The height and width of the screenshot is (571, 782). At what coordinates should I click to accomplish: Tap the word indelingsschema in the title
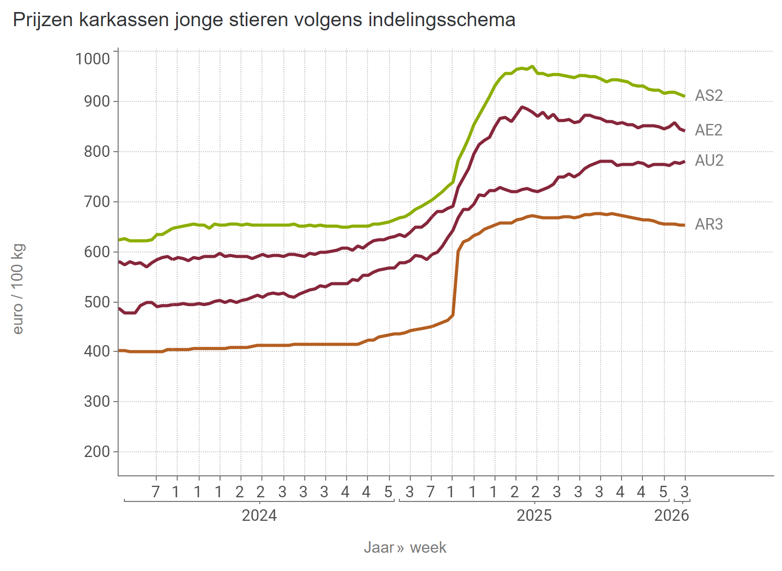[x=442, y=20]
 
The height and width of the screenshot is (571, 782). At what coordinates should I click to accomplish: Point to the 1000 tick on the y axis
[x=93, y=59]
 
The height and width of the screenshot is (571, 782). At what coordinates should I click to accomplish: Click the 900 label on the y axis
[x=97, y=101]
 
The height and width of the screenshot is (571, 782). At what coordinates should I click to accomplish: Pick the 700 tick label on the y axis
[x=97, y=202]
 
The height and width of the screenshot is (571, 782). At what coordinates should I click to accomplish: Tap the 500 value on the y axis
[x=97, y=302]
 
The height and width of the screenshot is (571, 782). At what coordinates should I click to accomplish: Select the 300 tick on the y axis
[x=97, y=402]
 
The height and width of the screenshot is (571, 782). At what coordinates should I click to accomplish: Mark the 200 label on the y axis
[x=97, y=452]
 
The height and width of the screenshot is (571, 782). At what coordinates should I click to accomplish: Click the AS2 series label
[x=709, y=96]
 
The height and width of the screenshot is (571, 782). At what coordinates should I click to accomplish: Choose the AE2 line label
[x=709, y=130]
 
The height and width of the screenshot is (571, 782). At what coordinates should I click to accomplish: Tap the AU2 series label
[x=709, y=161]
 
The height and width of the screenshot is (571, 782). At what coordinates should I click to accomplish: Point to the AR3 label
[x=709, y=224]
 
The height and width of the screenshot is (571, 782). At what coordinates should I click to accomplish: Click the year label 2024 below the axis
[x=259, y=516]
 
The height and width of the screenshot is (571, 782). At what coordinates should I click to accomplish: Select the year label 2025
[x=534, y=516]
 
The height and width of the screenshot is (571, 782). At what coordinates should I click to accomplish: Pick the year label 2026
[x=672, y=516]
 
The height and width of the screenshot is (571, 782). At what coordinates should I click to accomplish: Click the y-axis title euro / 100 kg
[x=18, y=289]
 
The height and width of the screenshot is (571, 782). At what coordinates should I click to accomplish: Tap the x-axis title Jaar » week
[x=405, y=547]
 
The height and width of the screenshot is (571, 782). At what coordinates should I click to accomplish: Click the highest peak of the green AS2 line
[x=532, y=66]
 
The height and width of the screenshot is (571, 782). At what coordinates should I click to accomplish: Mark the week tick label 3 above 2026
[x=684, y=492]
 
